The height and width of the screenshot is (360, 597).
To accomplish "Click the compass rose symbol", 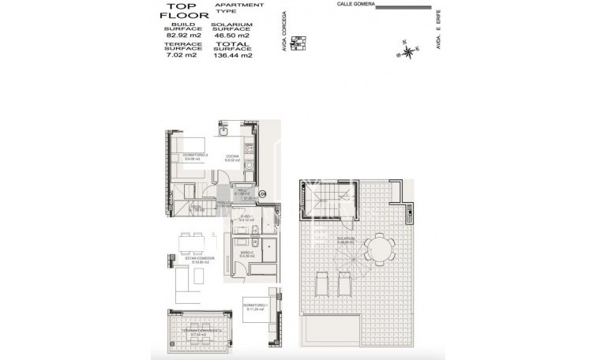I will coord(408,52).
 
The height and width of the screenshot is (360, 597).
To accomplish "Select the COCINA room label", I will coord(232,157).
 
